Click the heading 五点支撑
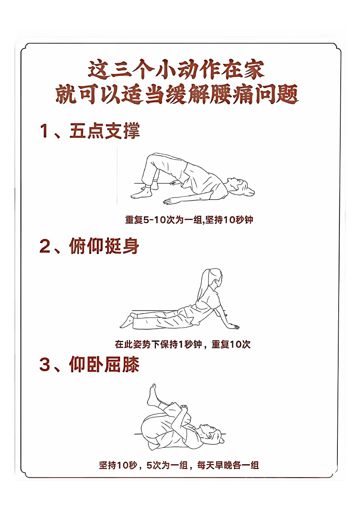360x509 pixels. click(x=104, y=131)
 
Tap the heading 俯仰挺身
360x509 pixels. click(x=104, y=246)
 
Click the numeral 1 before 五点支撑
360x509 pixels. click(x=44, y=131)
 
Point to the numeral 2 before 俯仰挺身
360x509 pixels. click(x=45, y=246)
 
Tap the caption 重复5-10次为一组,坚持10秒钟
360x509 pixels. click(x=189, y=220)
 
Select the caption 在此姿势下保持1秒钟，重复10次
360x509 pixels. click(x=183, y=344)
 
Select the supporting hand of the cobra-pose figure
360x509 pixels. click(x=232, y=326)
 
